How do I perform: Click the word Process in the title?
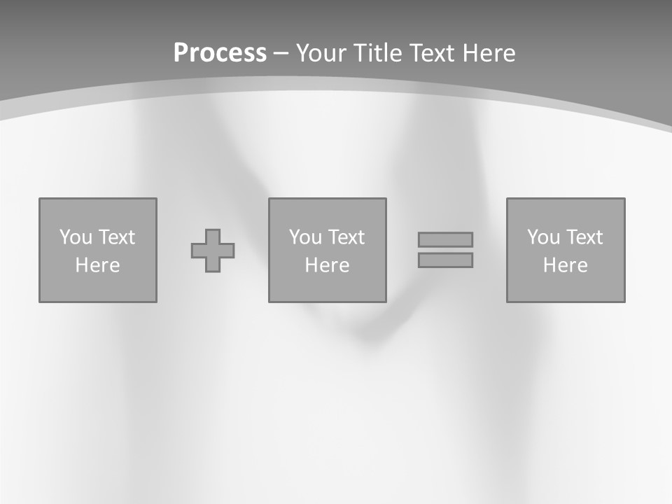tap(220, 53)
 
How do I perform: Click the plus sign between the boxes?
tap(213, 251)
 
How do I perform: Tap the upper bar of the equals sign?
tap(445, 240)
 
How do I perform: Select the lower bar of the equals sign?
tap(445, 260)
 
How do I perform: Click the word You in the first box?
tap(76, 237)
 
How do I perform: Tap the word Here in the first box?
tap(97, 265)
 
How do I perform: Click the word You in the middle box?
tap(306, 237)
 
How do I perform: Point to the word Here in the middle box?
tap(327, 265)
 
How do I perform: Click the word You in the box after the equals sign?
tap(544, 237)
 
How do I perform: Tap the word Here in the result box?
tap(565, 265)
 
